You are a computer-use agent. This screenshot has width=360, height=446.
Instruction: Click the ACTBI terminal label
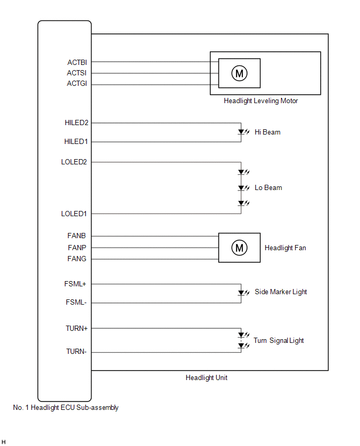click(76, 62)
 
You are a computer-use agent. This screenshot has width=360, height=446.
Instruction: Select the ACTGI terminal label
click(76, 84)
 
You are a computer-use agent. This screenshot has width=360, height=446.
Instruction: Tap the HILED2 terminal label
click(76, 123)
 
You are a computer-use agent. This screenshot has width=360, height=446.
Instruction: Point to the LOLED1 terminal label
click(74, 214)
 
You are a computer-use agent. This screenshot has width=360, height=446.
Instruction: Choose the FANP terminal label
click(77, 248)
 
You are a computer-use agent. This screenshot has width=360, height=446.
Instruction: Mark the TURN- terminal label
click(76, 352)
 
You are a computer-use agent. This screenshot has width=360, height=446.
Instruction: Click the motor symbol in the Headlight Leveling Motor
click(239, 73)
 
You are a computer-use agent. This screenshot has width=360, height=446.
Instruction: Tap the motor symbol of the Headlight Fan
click(239, 248)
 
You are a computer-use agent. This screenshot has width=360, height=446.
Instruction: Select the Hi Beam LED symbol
click(241, 132)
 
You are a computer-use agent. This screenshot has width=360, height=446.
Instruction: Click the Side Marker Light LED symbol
click(241, 293)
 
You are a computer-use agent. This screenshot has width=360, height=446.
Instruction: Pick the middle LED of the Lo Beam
click(241, 187)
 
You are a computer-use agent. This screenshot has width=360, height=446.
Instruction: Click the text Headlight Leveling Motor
click(261, 101)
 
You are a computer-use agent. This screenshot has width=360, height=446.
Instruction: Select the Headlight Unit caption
click(206, 377)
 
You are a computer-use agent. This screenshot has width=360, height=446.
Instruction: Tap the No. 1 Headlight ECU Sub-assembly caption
click(65, 408)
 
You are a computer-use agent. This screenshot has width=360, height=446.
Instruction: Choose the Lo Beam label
click(268, 187)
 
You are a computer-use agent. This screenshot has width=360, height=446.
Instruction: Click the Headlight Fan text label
click(285, 248)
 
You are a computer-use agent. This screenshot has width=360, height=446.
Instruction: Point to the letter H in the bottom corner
click(4, 442)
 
